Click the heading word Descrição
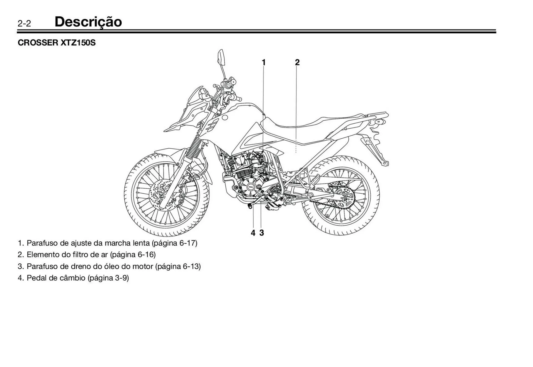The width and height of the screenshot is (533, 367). (x=88, y=22)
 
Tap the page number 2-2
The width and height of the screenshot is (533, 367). (x=24, y=24)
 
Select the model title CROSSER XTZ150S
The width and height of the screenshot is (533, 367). (x=57, y=43)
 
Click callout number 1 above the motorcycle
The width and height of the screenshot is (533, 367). (x=263, y=63)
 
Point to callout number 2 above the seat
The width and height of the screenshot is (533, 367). (x=297, y=63)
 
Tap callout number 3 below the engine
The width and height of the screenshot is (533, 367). (x=262, y=233)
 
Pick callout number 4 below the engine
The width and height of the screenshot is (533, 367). (x=253, y=233)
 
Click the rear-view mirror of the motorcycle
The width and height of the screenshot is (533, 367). (x=221, y=57)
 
